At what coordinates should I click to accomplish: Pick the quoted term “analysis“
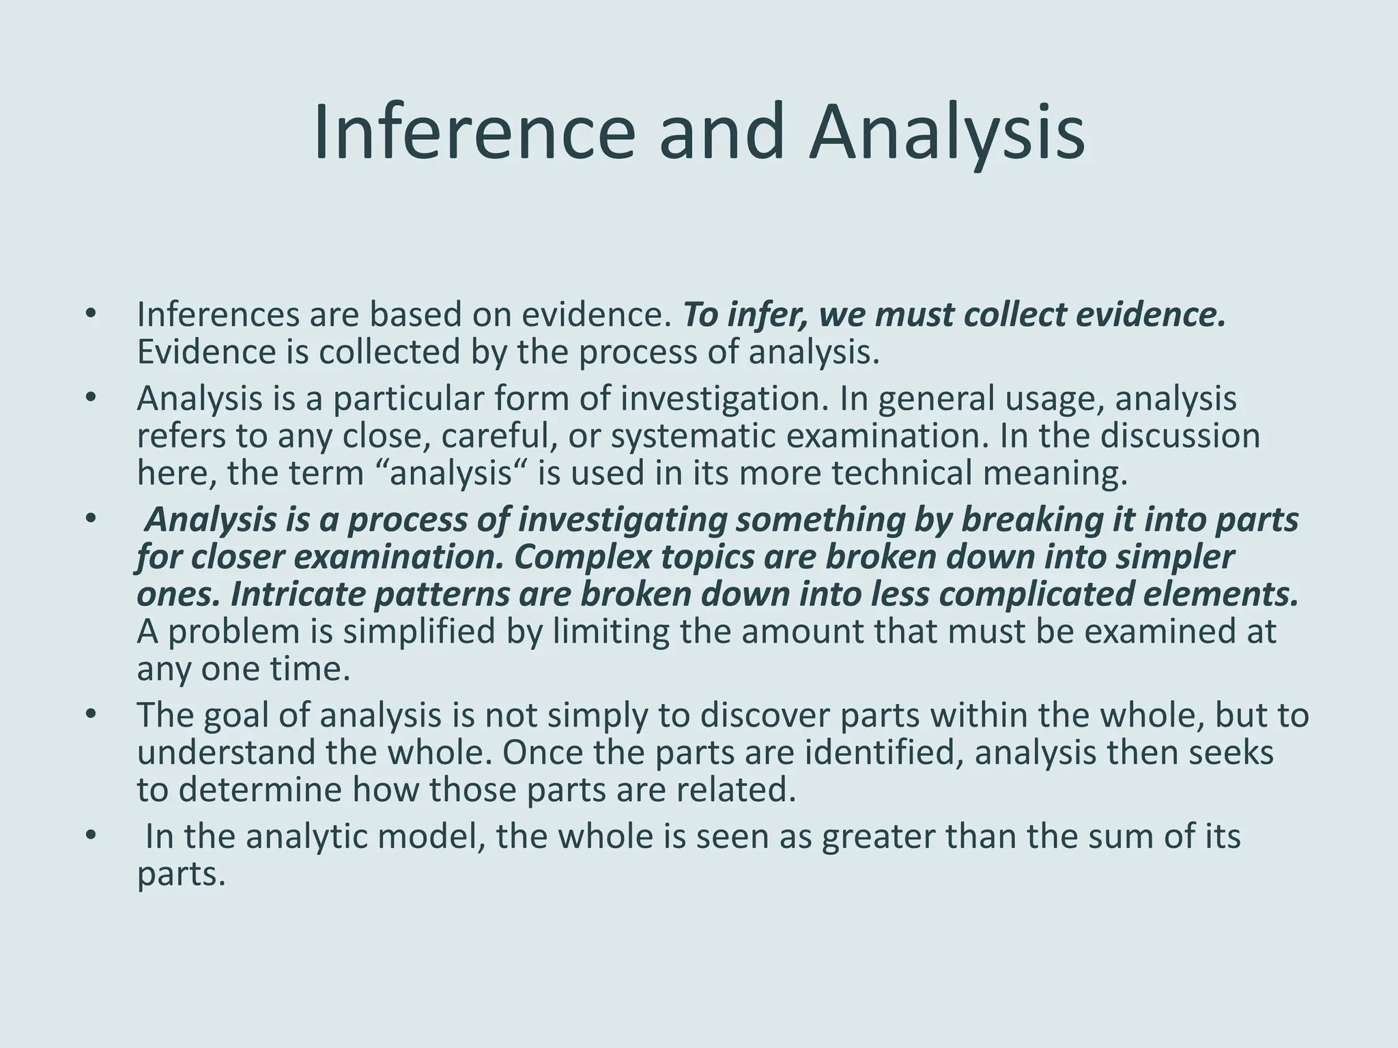coord(451,474)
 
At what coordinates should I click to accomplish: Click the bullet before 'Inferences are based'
coord(91,315)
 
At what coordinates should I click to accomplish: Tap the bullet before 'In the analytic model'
coord(91,836)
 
